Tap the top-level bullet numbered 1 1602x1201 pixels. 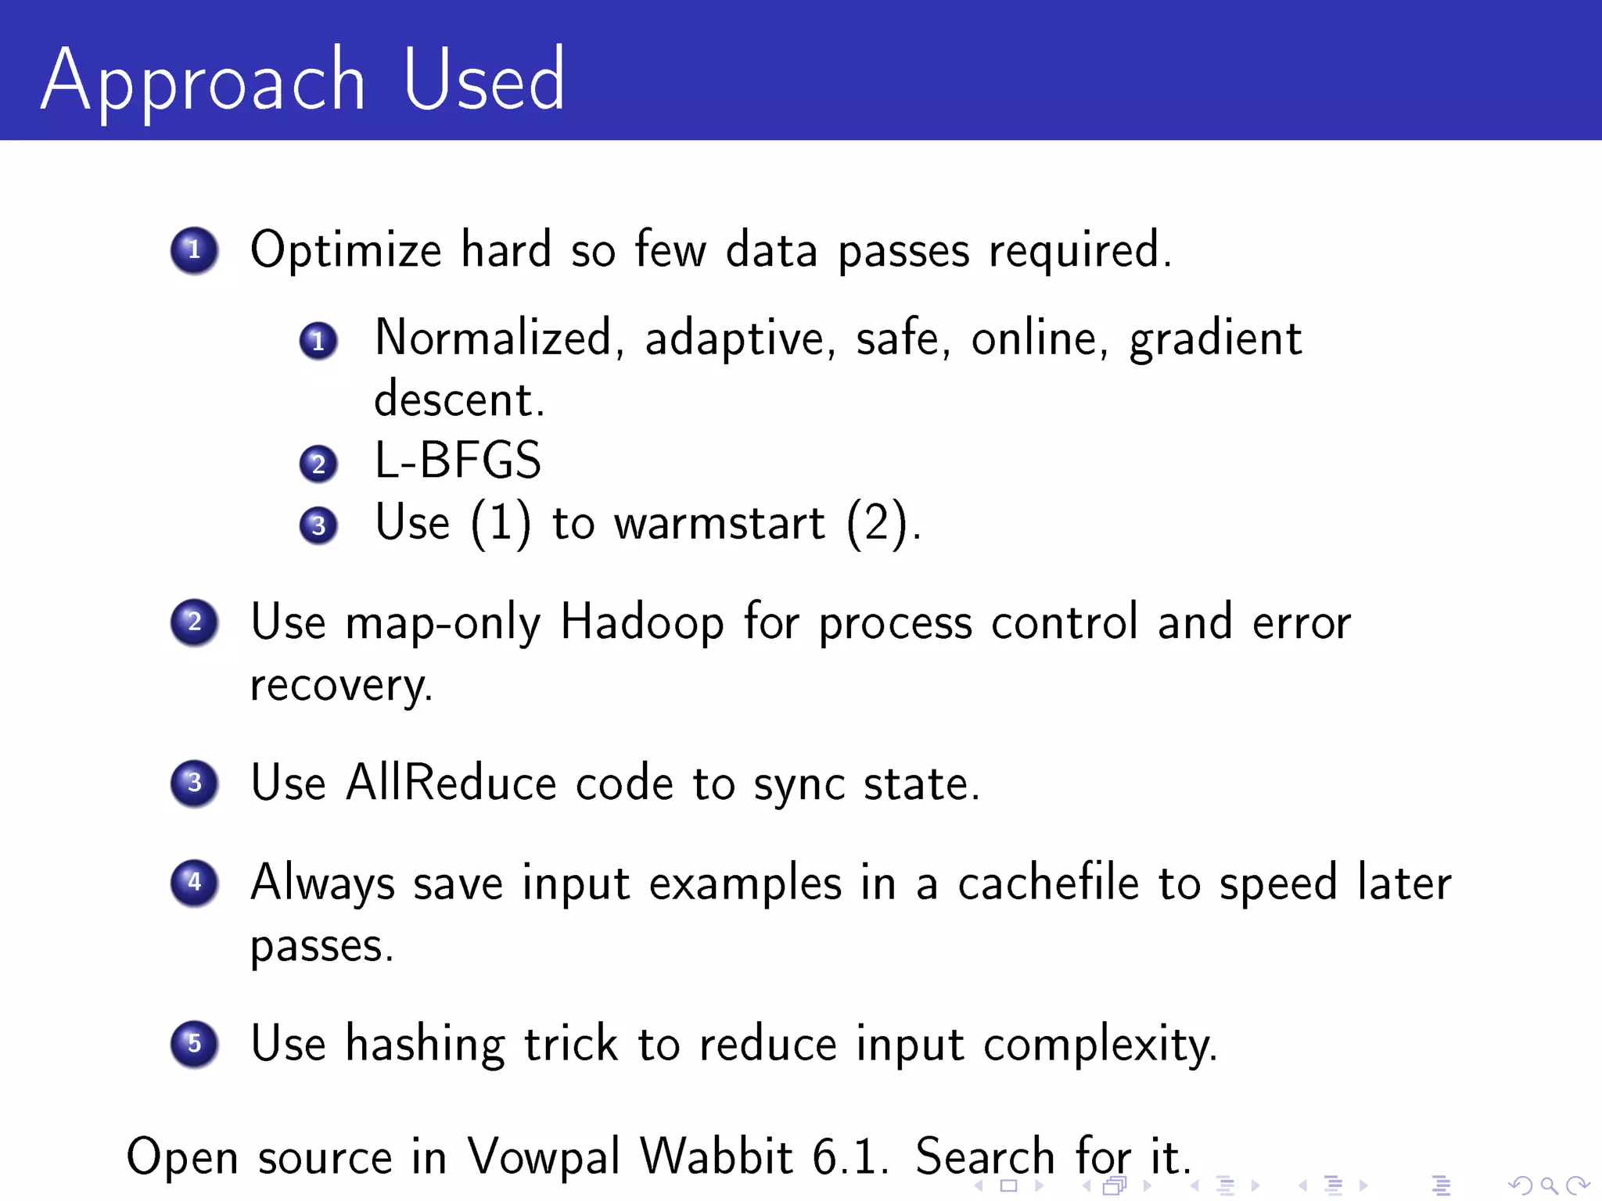click(194, 250)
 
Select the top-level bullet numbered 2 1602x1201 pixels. click(194, 622)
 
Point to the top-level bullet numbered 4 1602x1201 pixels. click(194, 883)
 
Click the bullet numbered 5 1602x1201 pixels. click(194, 1043)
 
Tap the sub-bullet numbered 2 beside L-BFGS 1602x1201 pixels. click(318, 464)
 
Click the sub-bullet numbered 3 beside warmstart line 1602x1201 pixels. click(318, 525)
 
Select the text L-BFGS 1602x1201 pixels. click(458, 460)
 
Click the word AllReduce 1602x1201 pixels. click(451, 783)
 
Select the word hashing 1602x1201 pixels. click(425, 1045)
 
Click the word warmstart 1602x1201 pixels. click(719, 523)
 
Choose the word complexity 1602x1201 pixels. click(1099, 1045)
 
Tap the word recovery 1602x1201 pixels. click(340, 687)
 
